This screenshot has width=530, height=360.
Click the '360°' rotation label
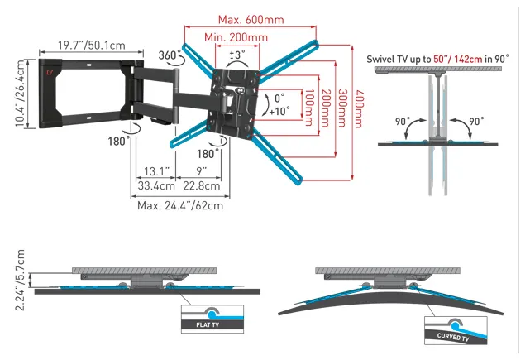(170, 55)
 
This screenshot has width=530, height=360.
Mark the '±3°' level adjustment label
(236, 55)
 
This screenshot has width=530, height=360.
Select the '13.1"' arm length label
(155, 171)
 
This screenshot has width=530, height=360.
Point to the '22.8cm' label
(202, 186)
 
